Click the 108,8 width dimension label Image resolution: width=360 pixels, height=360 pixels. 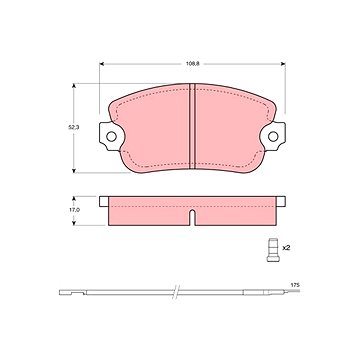pyautogui.click(x=193, y=64)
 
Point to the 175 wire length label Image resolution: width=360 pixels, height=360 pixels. pyautogui.click(x=295, y=285)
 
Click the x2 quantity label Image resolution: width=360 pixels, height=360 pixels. pyautogui.click(x=285, y=248)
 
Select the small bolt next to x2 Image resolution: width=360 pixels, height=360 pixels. pyautogui.click(x=273, y=250)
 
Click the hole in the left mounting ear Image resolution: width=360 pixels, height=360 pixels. pyautogui.click(x=111, y=136)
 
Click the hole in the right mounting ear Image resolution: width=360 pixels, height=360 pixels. pyautogui.click(x=273, y=136)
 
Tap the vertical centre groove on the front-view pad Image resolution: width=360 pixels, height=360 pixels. pyautogui.click(x=192, y=126)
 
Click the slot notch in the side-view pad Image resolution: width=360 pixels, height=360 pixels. pyautogui.click(x=192, y=217)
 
